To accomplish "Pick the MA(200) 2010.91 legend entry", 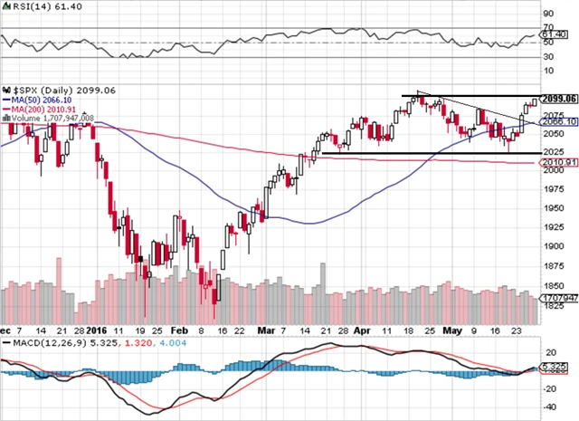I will [x=43, y=109].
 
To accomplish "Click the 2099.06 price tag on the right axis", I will [x=558, y=98].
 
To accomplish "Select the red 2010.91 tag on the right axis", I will [x=558, y=162].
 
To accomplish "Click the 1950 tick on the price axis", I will [x=554, y=207].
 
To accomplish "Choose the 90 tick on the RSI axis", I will [x=548, y=15].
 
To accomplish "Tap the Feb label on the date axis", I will [x=181, y=332].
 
